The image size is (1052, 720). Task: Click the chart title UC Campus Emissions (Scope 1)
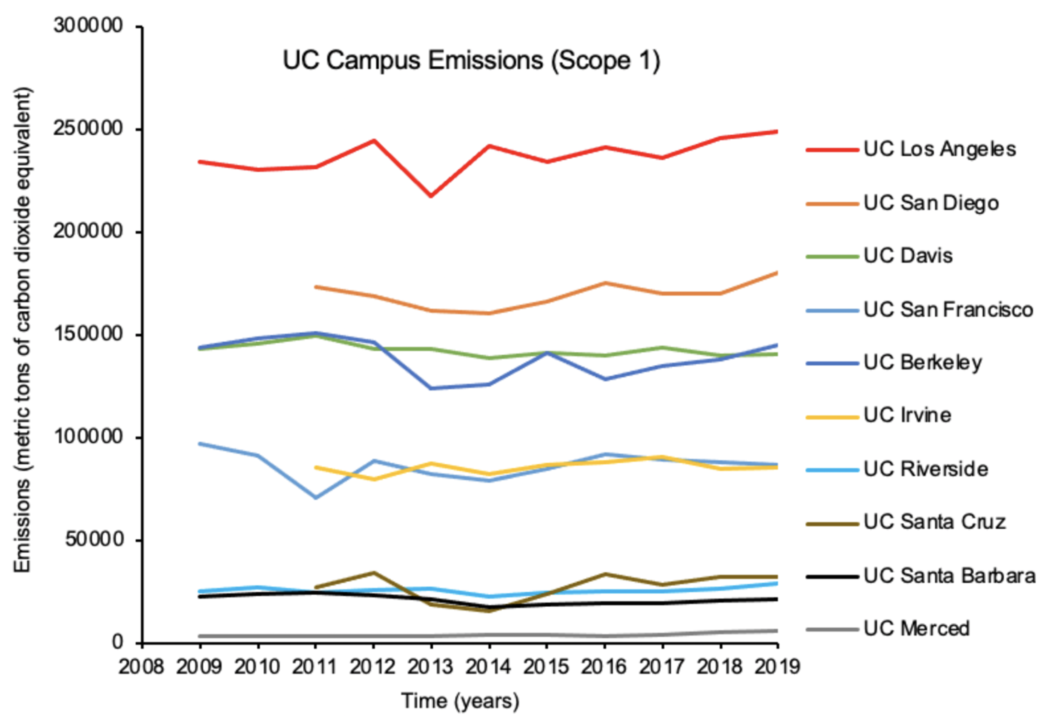click(x=471, y=61)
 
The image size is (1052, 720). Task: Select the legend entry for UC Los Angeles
click(x=939, y=149)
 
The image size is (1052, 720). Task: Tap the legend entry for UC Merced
click(x=916, y=629)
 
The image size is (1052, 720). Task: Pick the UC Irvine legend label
click(x=907, y=415)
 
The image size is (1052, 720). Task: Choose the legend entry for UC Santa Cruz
click(x=934, y=522)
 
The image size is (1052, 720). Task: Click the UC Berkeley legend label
click(x=922, y=362)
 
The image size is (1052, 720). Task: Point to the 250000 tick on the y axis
click(x=88, y=129)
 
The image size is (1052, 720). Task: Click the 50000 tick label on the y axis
click(x=95, y=540)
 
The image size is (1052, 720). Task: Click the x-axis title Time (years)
click(x=460, y=701)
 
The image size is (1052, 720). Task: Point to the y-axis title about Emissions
click(x=22, y=330)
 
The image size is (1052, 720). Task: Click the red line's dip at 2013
click(x=431, y=196)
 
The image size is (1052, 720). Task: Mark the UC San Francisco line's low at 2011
click(x=316, y=498)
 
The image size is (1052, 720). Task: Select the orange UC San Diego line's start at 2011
click(x=316, y=287)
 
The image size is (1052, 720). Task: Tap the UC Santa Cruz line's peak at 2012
click(x=373, y=572)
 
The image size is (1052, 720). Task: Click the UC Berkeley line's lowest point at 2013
click(x=431, y=388)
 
